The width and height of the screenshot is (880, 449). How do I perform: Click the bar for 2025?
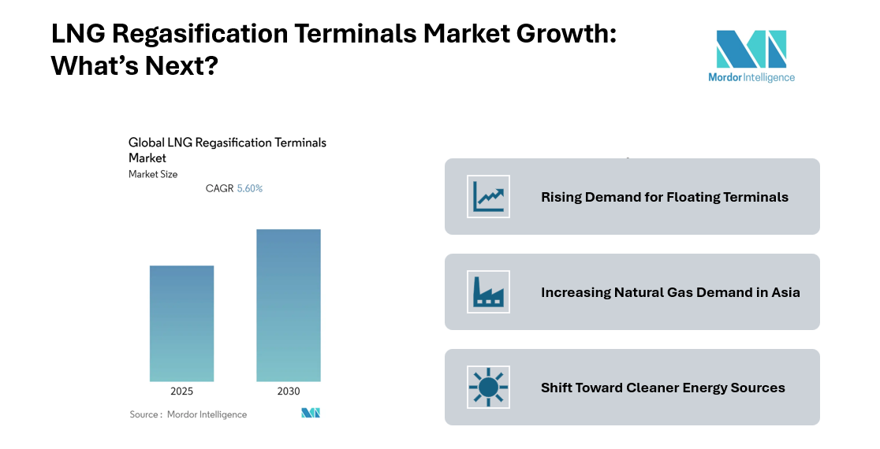click(x=181, y=323)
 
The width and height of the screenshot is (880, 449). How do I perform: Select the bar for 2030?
click(x=288, y=305)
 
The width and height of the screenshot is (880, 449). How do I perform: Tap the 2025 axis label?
click(x=181, y=391)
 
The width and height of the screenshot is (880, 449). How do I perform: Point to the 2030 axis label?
click(x=288, y=391)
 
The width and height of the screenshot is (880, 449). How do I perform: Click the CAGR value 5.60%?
click(x=250, y=189)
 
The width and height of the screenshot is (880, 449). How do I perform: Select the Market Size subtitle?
click(x=153, y=174)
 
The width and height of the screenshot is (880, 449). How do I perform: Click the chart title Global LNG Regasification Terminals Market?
click(x=227, y=150)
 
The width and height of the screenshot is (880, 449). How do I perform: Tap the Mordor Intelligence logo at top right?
click(x=751, y=55)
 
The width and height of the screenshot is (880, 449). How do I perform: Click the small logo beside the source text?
click(x=311, y=413)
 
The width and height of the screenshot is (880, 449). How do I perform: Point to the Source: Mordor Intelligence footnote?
click(x=188, y=414)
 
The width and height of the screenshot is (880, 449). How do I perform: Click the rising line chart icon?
click(x=488, y=196)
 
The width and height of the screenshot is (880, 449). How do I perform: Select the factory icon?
click(x=488, y=291)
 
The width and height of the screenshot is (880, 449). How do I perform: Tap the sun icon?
click(x=488, y=387)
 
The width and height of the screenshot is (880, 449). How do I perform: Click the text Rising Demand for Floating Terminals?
click(x=664, y=197)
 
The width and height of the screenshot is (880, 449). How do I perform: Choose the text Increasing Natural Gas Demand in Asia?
click(x=670, y=292)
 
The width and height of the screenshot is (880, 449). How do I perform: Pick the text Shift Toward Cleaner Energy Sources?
click(x=662, y=388)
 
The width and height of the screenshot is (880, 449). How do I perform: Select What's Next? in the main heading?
click(x=134, y=67)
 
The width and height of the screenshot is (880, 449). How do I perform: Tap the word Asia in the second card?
click(x=785, y=292)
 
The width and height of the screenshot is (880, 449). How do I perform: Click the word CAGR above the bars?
click(x=219, y=189)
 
